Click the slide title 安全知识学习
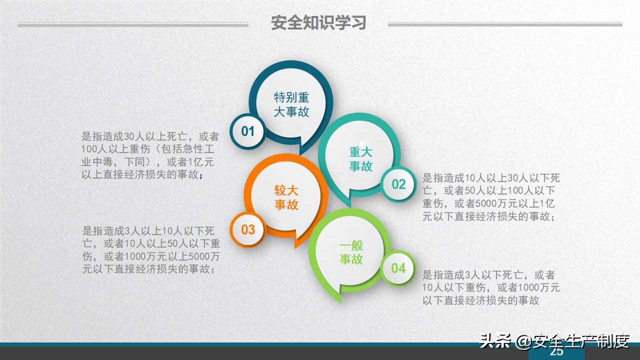pos(318,23)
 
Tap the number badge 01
pos(248,131)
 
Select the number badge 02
pos(398,184)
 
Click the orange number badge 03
pos(248,230)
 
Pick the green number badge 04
pos(398,268)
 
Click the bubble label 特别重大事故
pos(291,104)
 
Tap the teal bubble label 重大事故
pos(360,159)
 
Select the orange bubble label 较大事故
pos(286,197)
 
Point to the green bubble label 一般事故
pos(351,252)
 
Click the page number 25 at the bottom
pos(556,352)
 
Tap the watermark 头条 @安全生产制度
pos(554,341)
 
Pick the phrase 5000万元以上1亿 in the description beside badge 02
pos(516,204)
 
